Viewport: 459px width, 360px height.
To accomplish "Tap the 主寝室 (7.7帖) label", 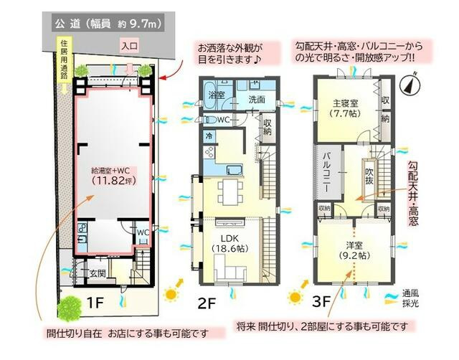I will point(344,108).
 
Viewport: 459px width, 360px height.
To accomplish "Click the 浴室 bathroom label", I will point(216,94).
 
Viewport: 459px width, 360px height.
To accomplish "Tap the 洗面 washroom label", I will point(256,99).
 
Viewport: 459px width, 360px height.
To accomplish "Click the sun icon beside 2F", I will point(171,293).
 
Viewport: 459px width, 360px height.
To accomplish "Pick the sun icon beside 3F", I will point(295,295).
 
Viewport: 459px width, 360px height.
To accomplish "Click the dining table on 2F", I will point(231,191).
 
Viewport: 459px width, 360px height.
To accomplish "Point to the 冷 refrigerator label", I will point(209,135).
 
